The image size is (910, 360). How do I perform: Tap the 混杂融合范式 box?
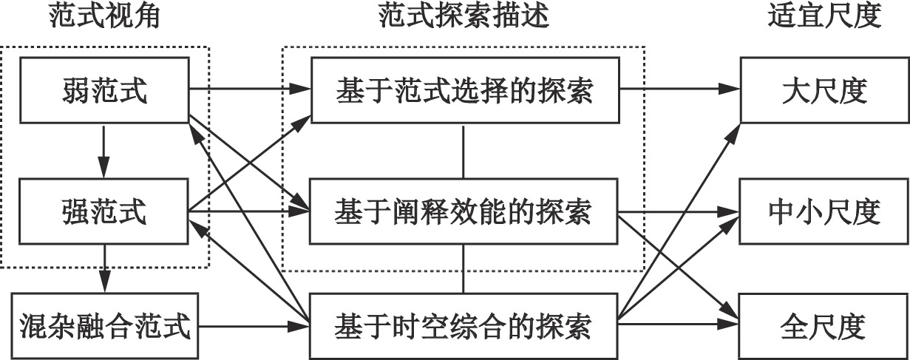coord(103,325)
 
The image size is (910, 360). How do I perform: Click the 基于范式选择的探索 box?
coord(464,91)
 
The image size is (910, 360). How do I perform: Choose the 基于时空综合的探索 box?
coord(464,325)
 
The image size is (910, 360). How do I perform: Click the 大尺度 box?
coord(824,91)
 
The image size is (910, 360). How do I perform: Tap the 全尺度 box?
coord(824,325)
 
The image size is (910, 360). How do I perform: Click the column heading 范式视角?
coord(104,17)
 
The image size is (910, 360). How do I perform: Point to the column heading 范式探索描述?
coord(464,17)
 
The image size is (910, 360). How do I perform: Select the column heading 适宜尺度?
coord(824,17)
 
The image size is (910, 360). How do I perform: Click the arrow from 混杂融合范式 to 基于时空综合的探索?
coord(251,326)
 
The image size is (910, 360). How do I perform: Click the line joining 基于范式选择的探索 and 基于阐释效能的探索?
coord(464,152)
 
